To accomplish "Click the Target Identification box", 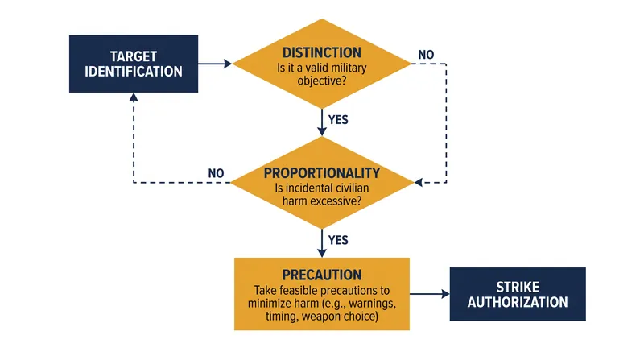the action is tap(134, 64).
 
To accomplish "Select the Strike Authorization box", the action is tap(518, 294).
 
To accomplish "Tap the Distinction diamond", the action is tap(322, 64).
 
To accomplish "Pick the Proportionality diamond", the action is tap(322, 183).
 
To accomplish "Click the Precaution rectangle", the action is tap(322, 294).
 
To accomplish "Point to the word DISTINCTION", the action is tap(322, 52).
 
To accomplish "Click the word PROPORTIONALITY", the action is tap(322, 173).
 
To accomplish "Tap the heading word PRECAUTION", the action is tap(322, 275).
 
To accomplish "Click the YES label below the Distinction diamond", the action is tap(338, 119).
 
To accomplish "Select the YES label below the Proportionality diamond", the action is tap(338, 240).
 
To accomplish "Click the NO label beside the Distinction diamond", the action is tap(426, 55).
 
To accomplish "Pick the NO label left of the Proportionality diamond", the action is tap(216, 173).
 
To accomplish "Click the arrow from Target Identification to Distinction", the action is tap(215, 64).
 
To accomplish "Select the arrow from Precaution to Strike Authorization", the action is tap(430, 294).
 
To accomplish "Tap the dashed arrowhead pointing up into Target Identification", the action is tap(134, 97).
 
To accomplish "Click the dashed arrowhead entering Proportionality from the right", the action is tap(419, 183).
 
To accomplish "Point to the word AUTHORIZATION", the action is tap(518, 303).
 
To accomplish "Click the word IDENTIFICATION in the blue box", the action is tap(134, 72).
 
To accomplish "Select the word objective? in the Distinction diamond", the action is tap(322, 81).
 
